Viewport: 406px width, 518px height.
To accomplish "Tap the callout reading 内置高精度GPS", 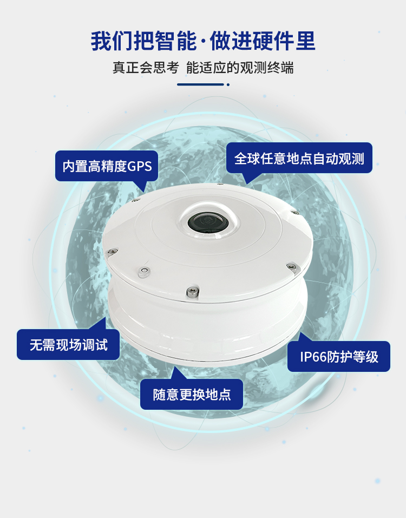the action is point(107,166).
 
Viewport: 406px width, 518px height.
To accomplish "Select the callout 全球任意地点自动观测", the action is point(299,158).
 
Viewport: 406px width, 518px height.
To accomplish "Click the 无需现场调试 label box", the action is point(68,345).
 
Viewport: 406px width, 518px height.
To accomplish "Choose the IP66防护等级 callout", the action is point(339,357).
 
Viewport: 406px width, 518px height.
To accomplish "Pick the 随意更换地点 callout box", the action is point(192,395).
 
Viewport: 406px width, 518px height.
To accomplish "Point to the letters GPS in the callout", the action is point(139,166).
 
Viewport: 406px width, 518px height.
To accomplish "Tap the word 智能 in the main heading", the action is point(176,41).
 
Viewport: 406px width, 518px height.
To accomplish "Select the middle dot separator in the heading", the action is point(203,42).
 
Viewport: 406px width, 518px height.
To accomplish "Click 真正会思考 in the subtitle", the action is point(146,68).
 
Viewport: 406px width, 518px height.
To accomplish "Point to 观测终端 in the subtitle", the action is point(266,68).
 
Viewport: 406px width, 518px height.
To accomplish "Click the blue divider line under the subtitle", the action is point(200,84).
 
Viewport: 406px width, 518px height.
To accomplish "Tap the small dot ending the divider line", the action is point(228,84).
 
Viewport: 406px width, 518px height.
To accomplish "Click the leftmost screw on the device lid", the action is point(112,252).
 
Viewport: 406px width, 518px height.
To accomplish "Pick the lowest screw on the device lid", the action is point(192,292).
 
